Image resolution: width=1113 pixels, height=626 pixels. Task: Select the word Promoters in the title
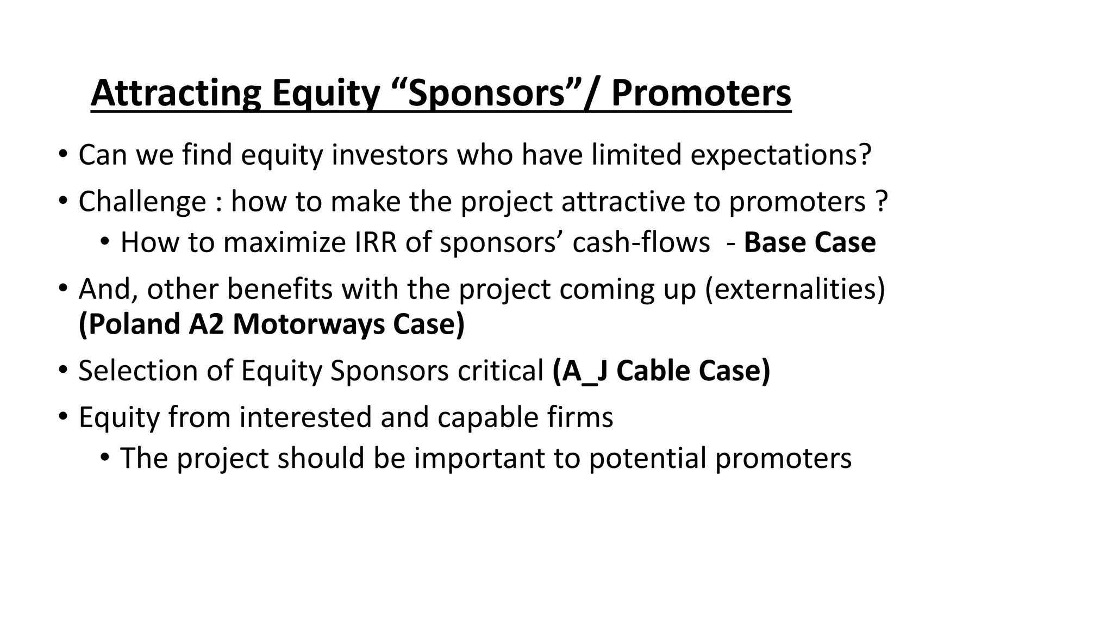tap(701, 93)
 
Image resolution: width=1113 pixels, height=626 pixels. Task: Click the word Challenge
tap(142, 202)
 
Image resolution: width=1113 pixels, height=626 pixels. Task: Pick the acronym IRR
tap(376, 242)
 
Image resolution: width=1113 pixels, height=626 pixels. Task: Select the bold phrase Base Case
tap(809, 242)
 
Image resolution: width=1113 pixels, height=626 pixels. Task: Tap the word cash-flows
tap(641, 242)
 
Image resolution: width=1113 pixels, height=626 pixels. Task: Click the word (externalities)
tap(795, 289)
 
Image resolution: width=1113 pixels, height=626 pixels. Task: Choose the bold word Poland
tap(130, 324)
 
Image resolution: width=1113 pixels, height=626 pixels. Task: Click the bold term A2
tap(206, 324)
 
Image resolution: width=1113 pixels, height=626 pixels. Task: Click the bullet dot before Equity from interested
tap(63, 417)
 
